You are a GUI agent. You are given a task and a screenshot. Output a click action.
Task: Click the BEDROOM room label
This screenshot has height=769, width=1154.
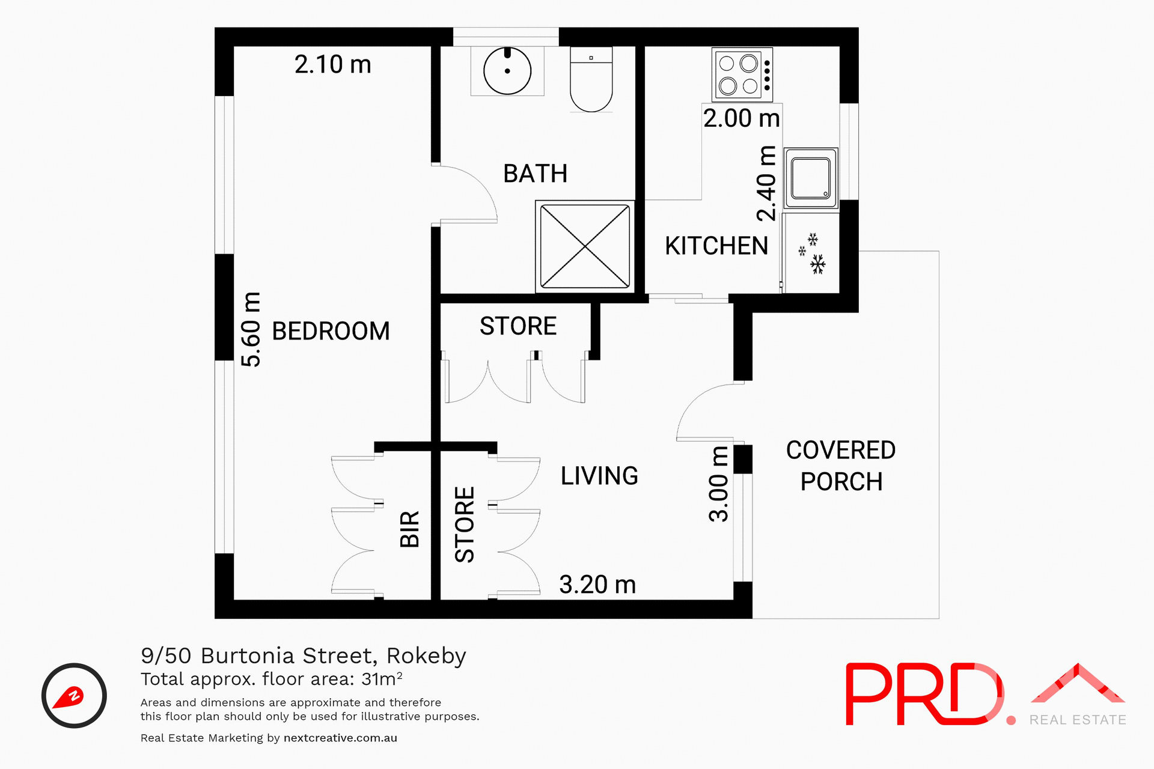(331, 331)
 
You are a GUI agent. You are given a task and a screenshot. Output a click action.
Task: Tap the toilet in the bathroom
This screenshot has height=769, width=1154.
(591, 81)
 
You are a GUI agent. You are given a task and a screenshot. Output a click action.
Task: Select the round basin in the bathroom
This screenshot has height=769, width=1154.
(507, 71)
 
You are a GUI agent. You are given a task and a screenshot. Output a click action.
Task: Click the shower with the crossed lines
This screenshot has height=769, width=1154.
(585, 246)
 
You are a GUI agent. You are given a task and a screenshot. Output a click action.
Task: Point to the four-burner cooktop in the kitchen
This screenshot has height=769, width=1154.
(742, 75)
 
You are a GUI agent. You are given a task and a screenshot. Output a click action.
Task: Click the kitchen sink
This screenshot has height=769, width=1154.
(811, 178)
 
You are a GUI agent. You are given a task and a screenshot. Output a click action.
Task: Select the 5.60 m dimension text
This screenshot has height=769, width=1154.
(251, 329)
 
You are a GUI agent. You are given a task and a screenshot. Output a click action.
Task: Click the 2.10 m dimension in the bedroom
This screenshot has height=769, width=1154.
(332, 64)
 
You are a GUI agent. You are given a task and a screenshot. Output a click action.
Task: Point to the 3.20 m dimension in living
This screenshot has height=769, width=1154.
(597, 585)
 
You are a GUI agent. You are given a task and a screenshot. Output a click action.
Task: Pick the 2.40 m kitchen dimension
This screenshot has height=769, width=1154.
(766, 183)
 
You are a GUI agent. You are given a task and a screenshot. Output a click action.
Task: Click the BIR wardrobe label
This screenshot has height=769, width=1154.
(409, 529)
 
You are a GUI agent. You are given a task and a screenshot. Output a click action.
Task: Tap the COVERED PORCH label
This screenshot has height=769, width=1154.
(841, 466)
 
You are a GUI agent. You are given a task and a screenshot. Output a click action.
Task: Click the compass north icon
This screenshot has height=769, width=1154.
(74, 696)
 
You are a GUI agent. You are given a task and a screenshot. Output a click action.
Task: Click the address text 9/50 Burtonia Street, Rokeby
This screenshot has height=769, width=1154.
(303, 655)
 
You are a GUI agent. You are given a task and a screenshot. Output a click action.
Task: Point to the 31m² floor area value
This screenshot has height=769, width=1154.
(381, 679)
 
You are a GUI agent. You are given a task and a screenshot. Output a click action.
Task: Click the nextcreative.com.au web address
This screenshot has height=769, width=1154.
(340, 738)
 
